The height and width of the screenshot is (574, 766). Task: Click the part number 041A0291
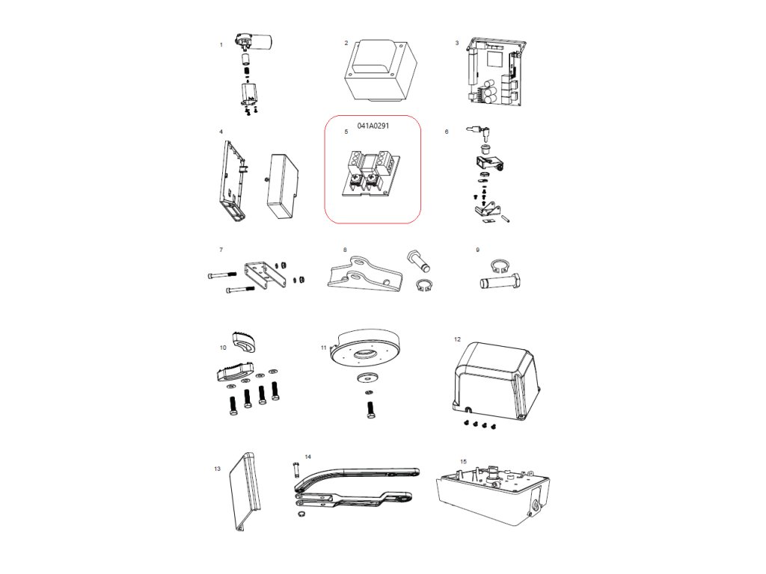pos(373,126)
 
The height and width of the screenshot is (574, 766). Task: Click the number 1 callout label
pos(221,45)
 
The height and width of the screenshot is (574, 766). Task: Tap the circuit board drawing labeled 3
pos(495,73)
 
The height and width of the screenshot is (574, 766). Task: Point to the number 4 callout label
pos(221,132)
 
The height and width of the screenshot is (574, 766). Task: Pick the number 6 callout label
pos(447,132)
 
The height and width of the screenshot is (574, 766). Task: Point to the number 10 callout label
pos(223,348)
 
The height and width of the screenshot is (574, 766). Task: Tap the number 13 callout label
pos(217,469)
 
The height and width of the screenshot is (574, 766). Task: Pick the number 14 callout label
pos(307,456)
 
